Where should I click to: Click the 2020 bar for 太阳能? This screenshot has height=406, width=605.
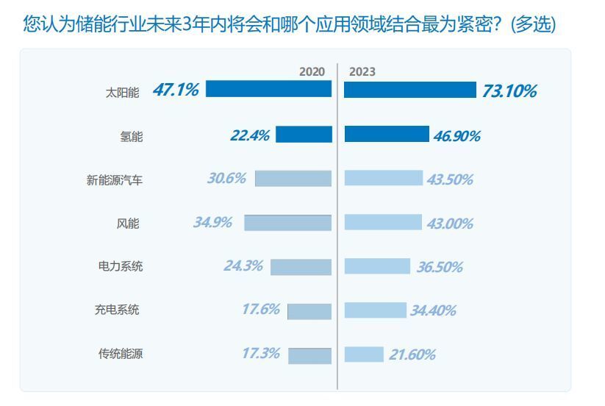point(268,89)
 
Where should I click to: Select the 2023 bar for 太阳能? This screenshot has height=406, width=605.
point(410,90)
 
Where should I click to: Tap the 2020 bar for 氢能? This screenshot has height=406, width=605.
point(304,134)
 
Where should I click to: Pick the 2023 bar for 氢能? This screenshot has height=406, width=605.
point(387,134)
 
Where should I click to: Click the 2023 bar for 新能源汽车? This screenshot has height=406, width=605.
point(384,178)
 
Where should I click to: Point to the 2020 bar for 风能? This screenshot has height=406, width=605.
point(287,222)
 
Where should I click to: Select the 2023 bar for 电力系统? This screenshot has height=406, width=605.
point(377,266)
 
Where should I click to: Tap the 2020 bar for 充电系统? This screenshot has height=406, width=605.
point(309,310)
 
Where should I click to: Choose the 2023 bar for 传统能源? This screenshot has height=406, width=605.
point(364,355)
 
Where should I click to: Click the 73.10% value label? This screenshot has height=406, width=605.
point(509,91)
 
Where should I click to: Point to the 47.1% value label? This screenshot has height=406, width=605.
point(176,90)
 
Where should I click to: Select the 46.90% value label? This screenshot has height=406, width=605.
point(457,136)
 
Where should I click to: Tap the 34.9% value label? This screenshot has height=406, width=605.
point(212,222)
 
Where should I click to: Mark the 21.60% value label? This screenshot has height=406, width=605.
point(412,355)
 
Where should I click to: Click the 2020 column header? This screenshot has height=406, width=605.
point(312,71)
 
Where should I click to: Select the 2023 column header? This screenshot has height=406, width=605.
point(362,71)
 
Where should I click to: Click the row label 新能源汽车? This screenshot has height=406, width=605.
point(115,179)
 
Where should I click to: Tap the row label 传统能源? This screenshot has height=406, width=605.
point(121,354)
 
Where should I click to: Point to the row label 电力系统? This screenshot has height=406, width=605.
point(121,266)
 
